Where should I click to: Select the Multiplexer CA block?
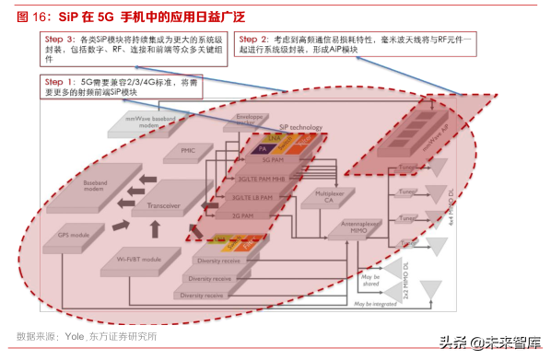323,197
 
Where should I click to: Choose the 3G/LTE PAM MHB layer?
258,179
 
